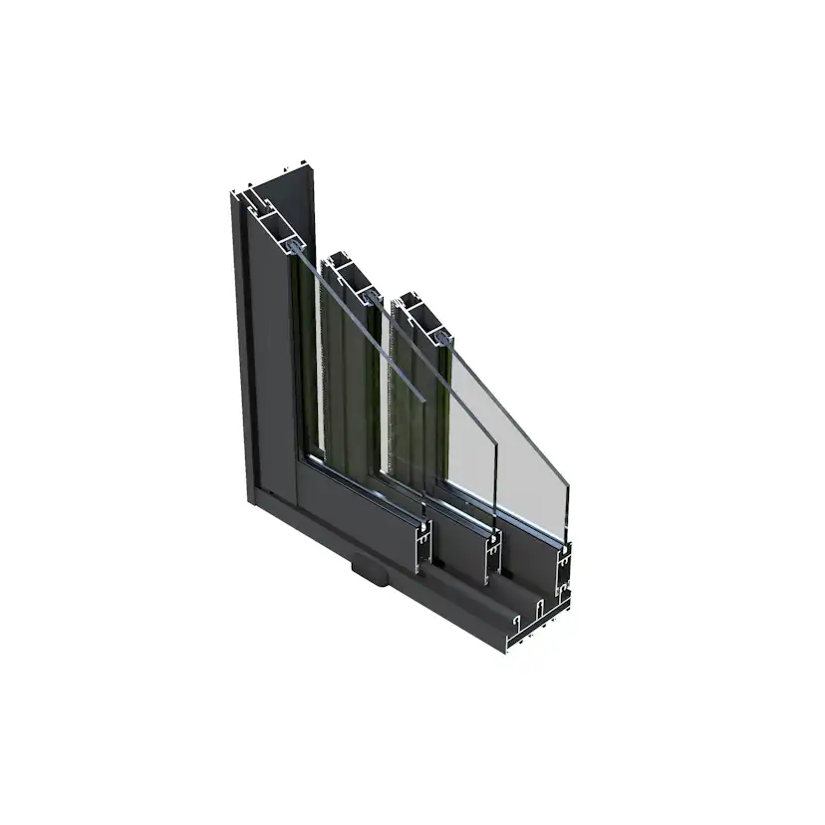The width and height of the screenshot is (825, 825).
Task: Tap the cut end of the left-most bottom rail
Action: (x=424, y=544)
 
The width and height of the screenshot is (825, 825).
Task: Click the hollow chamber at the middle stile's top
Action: (x=348, y=271)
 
